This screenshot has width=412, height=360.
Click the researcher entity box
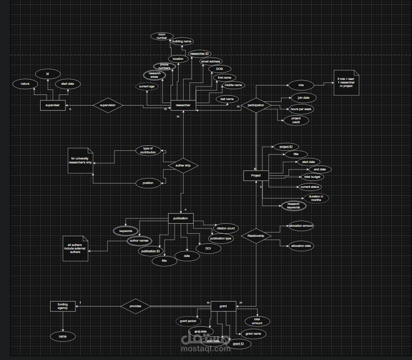[183, 105]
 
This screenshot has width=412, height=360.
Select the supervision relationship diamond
[108, 105]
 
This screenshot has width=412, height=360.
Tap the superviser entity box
[53, 105]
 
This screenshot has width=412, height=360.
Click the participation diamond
[256, 105]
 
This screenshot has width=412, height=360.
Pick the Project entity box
[256, 175]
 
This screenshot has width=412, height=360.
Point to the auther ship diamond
[183, 166]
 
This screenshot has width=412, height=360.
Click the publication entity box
[180, 218]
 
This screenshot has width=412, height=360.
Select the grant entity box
[223, 306]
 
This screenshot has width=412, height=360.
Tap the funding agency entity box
[62, 306]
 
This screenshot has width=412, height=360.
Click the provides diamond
[135, 306]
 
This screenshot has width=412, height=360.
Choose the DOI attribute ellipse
[208, 248]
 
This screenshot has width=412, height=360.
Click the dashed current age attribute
[147, 87]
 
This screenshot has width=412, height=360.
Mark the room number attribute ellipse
[162, 36]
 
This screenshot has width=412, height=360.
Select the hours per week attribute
[301, 109]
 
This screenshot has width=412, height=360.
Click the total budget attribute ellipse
[312, 177]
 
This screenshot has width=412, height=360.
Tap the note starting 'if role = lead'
[346, 83]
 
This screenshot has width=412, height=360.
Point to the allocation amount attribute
[301, 226]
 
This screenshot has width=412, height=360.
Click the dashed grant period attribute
[188, 321]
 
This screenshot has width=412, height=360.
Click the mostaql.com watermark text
[206, 348]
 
